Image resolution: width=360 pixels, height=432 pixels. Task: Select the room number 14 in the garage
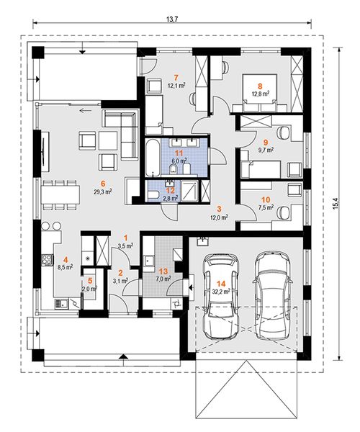click(221, 284)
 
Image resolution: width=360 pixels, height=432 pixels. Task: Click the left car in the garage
click(220, 296)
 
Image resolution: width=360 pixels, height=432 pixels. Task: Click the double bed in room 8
click(260, 93)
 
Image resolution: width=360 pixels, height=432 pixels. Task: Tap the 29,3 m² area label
click(102, 192)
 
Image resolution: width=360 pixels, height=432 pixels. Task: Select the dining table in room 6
click(60, 194)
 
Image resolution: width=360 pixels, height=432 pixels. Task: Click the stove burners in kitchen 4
click(47, 259)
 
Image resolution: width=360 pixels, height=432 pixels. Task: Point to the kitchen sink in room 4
click(60, 304)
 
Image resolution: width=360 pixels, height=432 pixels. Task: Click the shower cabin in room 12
click(190, 191)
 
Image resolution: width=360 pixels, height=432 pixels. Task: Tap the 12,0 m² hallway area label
click(220, 217)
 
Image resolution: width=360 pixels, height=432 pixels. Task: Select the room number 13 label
click(165, 271)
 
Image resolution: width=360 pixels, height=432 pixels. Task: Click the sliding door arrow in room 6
click(86, 111)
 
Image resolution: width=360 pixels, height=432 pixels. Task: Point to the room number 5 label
click(89, 281)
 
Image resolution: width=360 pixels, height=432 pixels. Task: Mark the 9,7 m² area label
click(266, 150)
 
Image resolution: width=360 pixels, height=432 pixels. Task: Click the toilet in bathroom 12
click(153, 195)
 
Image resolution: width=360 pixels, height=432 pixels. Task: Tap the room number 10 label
click(266, 199)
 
